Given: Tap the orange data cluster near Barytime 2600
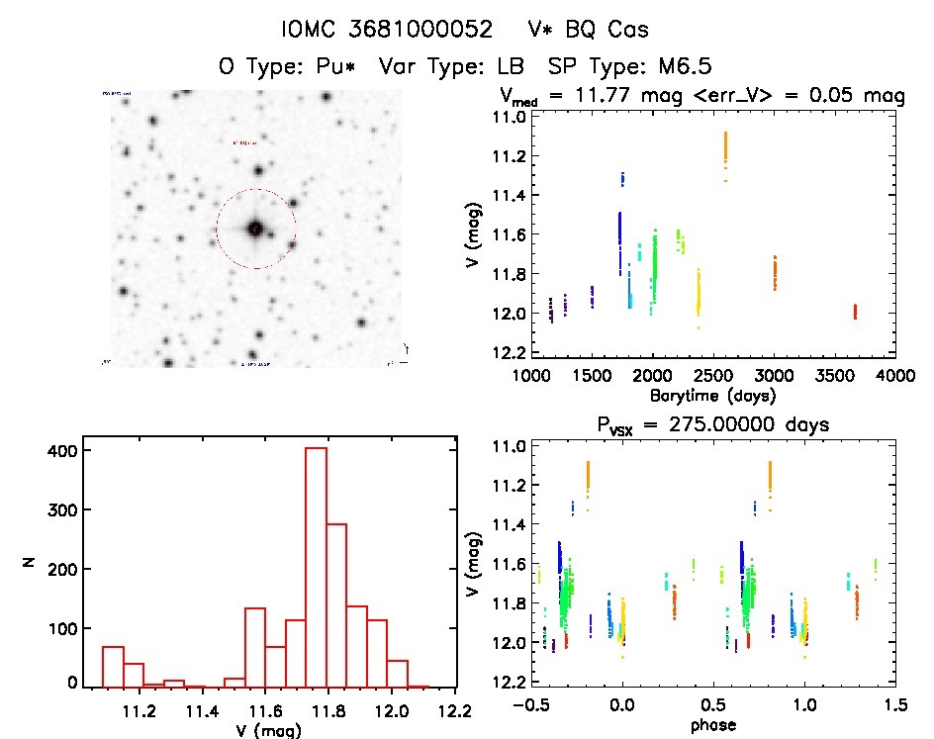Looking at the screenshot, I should coord(725,148).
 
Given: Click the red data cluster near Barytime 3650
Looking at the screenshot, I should coord(854,311).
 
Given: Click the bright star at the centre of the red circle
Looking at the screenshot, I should coord(255,229).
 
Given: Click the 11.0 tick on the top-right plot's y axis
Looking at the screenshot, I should coord(512,117).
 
